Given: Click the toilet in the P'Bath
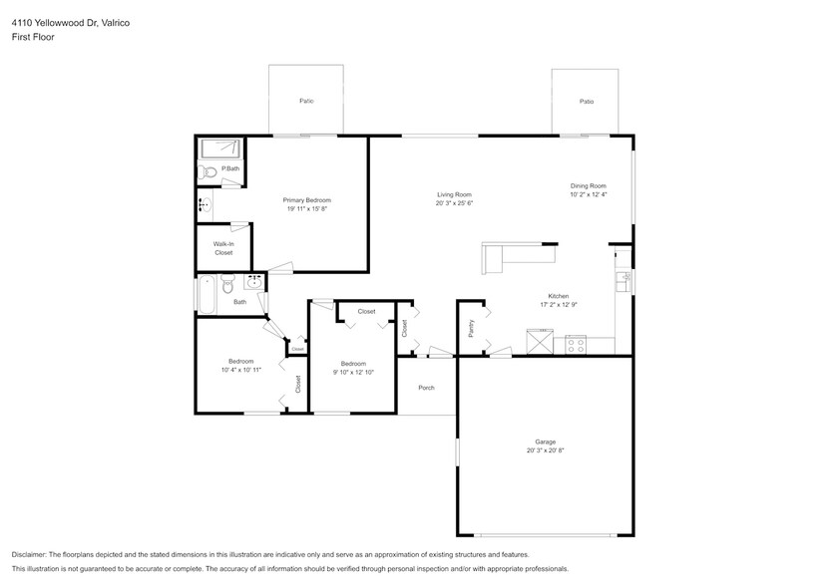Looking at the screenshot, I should [208, 172].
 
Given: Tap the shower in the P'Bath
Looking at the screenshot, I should [219, 148].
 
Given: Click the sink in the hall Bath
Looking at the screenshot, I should [253, 282].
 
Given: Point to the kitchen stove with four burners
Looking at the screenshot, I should [576, 344].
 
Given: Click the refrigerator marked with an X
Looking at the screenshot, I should [542, 344].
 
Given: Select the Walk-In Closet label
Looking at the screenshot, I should [223, 248].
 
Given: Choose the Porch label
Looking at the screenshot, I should [426, 388].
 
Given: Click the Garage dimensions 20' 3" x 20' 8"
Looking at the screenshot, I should [545, 450].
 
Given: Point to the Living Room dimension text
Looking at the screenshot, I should [453, 203].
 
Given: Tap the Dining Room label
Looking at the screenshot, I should [588, 185].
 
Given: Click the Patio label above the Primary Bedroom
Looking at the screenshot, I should [306, 102].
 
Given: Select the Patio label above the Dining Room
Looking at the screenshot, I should [587, 102].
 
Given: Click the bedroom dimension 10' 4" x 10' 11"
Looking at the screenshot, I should [240, 370].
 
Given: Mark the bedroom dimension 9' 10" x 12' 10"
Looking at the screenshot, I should [353, 373].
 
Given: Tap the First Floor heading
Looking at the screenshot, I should [33, 37].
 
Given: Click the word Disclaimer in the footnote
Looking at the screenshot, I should [32, 554].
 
